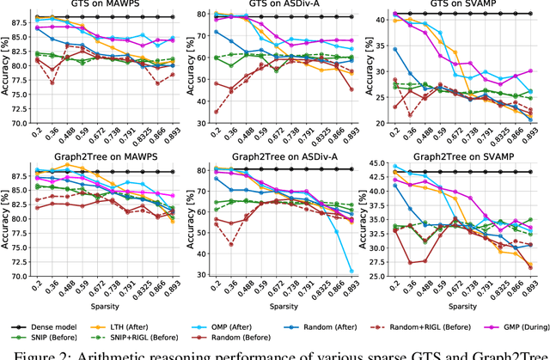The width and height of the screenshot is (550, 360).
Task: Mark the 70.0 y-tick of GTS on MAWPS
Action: click(x=15, y=122)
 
